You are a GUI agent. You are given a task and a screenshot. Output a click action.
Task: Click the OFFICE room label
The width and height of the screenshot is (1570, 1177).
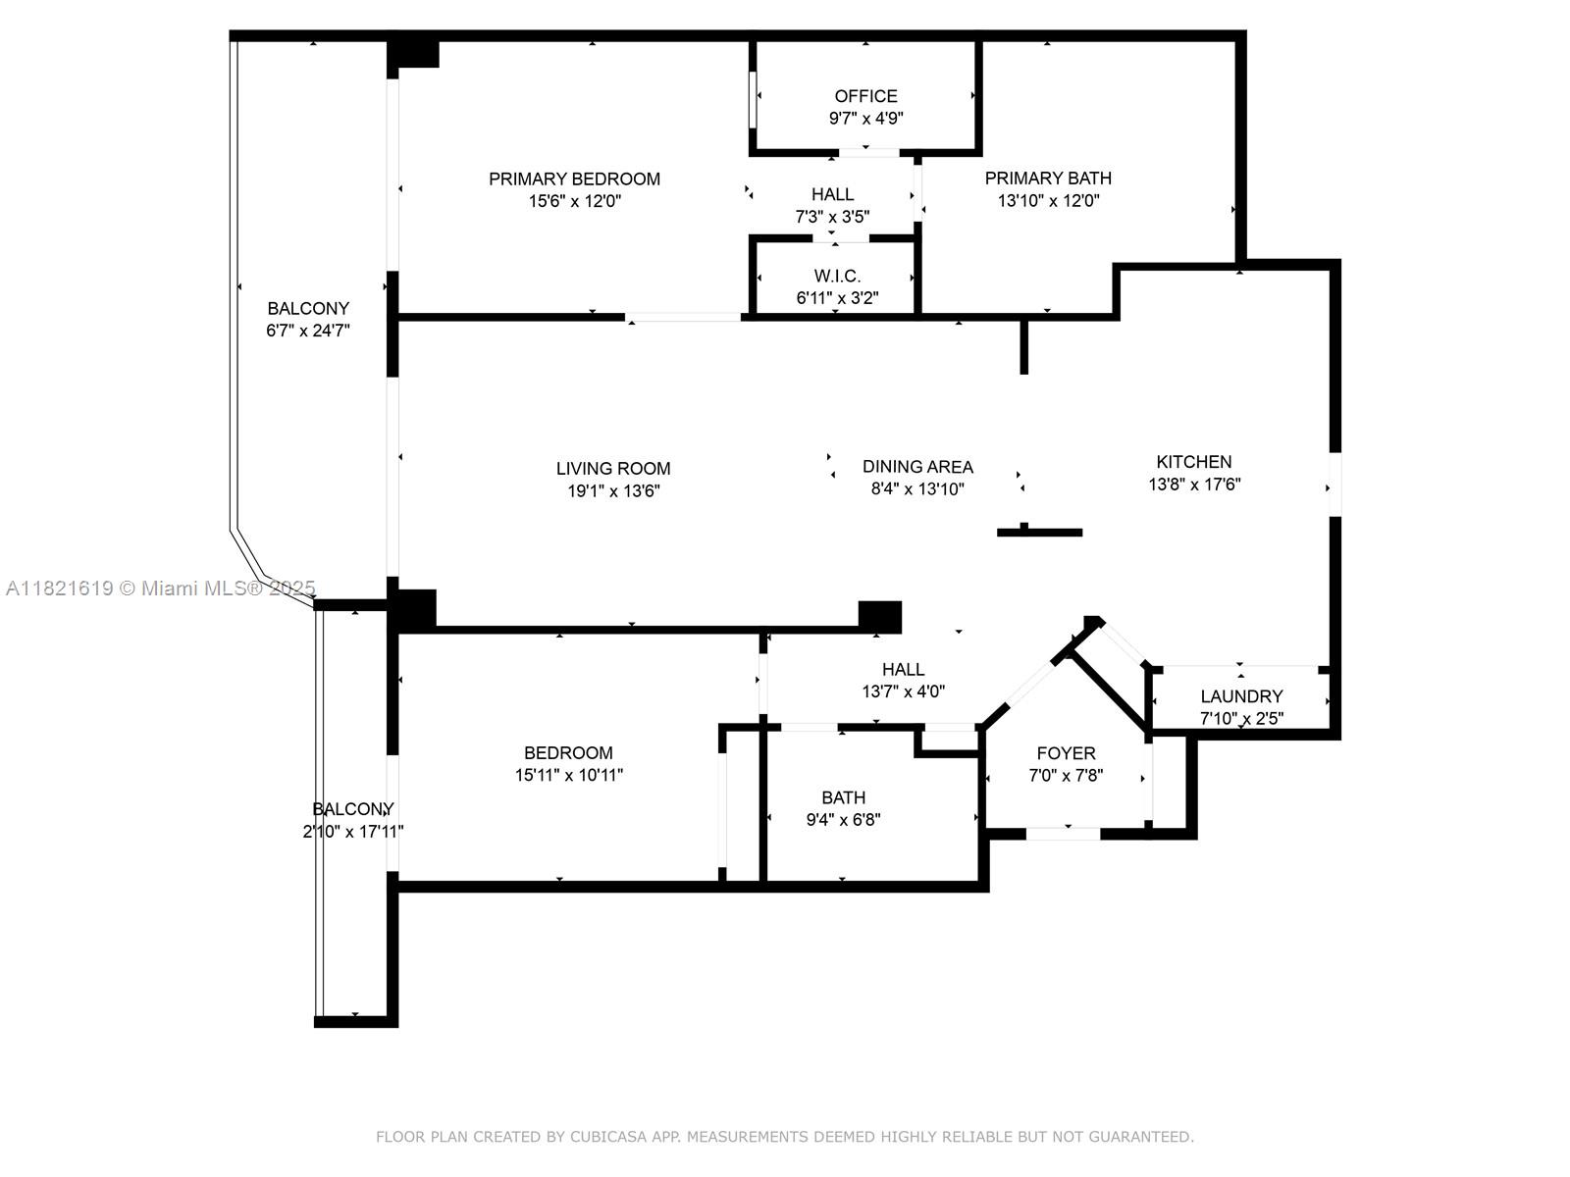point(865,96)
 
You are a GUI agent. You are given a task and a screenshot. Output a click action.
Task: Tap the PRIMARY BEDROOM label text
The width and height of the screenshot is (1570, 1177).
point(574,179)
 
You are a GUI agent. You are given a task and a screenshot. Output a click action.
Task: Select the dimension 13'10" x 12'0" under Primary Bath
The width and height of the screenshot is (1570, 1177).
point(1048,201)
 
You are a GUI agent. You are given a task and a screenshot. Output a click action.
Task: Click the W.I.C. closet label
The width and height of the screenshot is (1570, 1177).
point(837,277)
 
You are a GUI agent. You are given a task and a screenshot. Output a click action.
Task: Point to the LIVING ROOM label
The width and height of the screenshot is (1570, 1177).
point(613,469)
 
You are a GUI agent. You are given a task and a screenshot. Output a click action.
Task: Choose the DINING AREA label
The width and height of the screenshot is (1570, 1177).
point(917,467)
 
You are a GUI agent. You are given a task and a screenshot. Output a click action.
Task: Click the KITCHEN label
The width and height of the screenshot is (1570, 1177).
point(1193,462)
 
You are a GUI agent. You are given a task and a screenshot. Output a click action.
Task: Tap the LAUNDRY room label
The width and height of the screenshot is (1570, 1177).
point(1241,696)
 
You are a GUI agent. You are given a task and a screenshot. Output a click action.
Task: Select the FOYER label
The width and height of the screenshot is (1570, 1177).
point(1066,753)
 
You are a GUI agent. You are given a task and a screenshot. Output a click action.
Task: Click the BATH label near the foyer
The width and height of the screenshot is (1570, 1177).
point(843,797)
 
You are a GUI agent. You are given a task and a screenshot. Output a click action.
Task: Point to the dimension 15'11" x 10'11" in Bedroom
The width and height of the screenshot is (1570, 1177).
point(569,775)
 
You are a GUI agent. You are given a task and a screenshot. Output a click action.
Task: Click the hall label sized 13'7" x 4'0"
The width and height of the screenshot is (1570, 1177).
point(903,670)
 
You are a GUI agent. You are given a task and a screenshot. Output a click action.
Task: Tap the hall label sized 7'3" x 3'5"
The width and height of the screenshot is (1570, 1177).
point(832,194)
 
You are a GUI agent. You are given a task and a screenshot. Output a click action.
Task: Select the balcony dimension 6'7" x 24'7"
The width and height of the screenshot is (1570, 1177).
point(308,331)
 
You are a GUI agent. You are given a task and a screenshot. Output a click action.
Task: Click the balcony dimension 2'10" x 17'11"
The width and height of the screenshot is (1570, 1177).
point(353,832)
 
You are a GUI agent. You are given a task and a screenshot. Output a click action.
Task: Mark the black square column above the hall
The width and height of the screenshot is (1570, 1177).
point(879,616)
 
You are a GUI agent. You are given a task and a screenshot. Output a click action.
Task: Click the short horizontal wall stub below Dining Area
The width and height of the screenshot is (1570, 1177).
point(1039,533)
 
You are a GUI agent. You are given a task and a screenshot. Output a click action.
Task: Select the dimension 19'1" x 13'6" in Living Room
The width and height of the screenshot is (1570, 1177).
point(613,490)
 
